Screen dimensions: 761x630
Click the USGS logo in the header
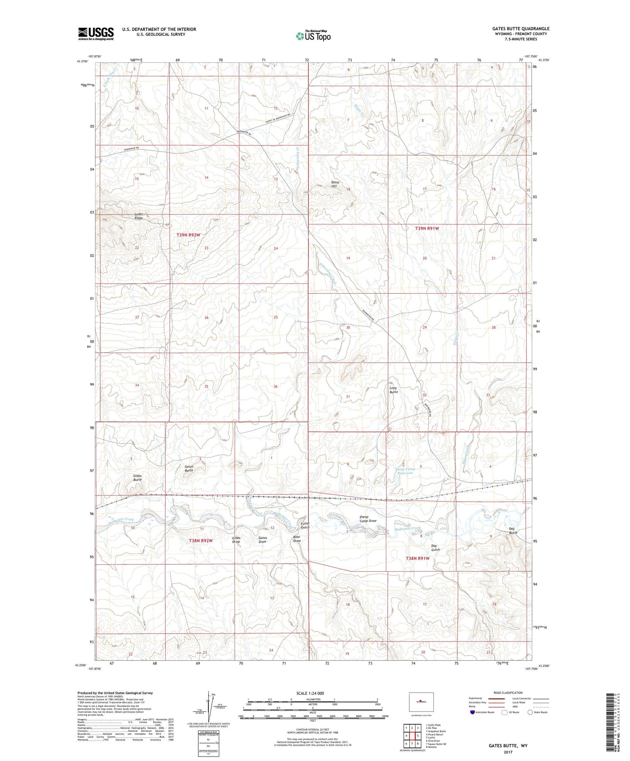click(x=96, y=34)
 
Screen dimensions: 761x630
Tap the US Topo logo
click(x=313, y=36)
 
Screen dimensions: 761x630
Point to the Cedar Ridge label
click(x=139, y=216)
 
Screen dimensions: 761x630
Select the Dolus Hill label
click(x=335, y=184)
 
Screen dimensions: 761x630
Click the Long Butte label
click(x=394, y=390)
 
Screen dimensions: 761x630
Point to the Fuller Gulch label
click(x=305, y=525)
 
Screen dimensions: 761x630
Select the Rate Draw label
click(x=297, y=539)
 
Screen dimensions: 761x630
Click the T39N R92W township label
click(x=188, y=235)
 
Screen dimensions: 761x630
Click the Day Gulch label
click(x=435, y=547)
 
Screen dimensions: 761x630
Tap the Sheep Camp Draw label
click(x=368, y=519)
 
